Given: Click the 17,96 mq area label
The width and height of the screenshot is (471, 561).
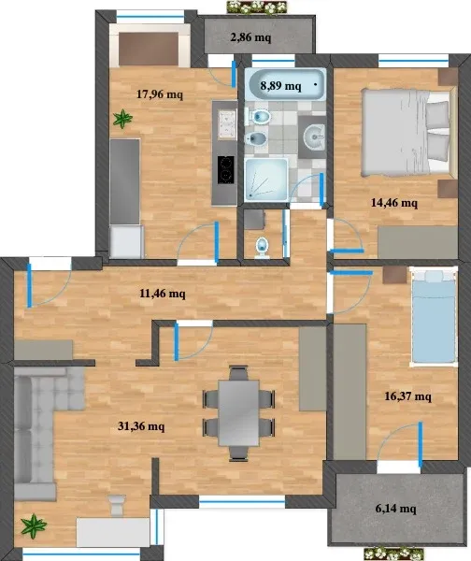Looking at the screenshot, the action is [160, 94].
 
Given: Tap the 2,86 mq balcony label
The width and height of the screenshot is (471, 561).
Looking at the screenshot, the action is [250, 36].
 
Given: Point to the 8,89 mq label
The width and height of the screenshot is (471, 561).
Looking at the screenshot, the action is [280, 86].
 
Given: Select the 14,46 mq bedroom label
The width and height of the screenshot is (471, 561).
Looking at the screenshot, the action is [394, 203].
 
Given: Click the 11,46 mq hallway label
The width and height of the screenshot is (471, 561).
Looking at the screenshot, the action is [163, 294].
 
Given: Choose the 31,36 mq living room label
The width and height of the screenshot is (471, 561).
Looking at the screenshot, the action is [141, 426].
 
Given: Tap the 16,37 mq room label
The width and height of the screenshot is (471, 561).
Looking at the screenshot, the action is [407, 396].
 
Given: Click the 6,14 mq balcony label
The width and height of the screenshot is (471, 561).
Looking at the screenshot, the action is [396, 509].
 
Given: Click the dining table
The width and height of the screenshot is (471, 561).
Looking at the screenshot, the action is [239, 413].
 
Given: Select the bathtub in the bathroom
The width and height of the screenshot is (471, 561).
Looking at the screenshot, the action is [285, 84].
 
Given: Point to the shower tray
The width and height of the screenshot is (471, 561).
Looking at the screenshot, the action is [266, 180].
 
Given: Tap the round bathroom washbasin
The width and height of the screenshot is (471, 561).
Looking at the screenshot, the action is [314, 137].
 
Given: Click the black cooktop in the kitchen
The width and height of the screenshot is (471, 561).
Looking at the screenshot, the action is [226, 169].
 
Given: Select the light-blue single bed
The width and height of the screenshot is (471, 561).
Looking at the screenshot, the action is [434, 317].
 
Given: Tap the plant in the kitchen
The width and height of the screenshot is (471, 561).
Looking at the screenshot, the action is [122, 119].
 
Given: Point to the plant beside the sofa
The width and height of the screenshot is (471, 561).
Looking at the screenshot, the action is [34, 525].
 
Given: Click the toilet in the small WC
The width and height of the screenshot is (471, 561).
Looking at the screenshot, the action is [263, 248].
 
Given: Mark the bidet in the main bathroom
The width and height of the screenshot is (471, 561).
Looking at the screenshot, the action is [256, 138].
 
